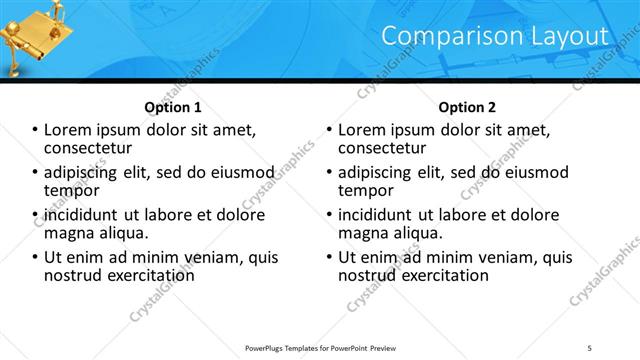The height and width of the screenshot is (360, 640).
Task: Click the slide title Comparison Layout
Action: [495, 36]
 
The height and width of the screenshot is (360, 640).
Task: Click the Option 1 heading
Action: [172, 107]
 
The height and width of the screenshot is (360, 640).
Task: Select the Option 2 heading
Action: [466, 107]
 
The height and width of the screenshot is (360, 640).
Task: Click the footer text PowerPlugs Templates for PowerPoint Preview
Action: [317, 346]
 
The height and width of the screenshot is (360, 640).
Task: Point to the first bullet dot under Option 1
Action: [35, 130]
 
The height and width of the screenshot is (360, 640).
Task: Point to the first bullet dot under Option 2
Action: [329, 130]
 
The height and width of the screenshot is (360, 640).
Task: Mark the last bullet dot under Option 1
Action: [35, 257]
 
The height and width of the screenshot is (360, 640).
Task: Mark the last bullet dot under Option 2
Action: [329, 257]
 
